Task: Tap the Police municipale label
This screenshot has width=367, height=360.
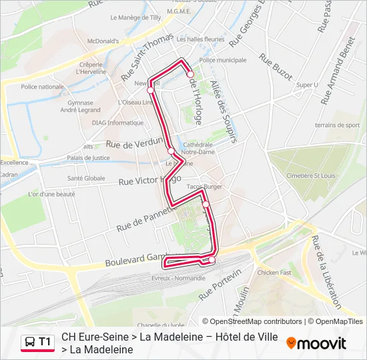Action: coord(222,60)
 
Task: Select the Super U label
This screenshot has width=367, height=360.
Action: coord(307,85)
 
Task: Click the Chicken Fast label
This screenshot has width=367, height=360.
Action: coord(274,272)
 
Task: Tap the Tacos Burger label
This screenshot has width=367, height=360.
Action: coord(204,187)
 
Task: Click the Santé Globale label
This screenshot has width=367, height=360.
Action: coord(86,178)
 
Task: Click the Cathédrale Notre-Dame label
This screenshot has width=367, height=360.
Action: coord(198,148)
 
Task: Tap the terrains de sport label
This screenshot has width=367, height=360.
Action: coord(338,125)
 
